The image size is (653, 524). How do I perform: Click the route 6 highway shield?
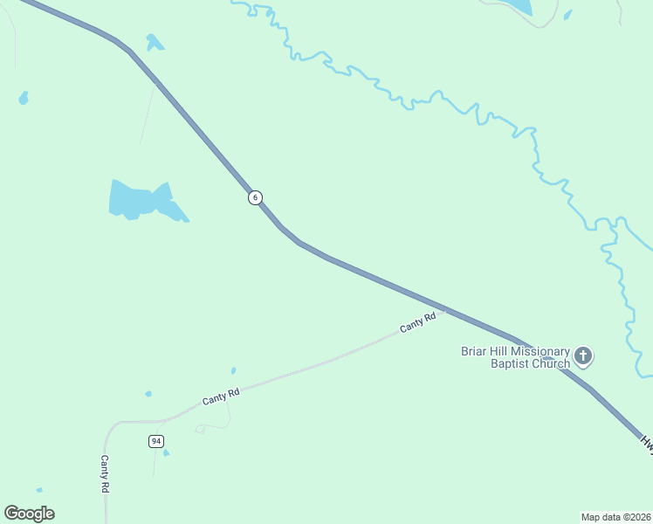[255, 197]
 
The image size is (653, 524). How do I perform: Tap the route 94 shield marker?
[155, 441]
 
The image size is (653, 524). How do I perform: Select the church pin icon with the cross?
[583, 356]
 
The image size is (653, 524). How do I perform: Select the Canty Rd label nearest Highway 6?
[417, 322]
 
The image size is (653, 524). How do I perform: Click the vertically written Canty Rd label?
[104, 474]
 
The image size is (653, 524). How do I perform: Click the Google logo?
[29, 514]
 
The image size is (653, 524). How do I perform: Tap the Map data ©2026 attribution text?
[615, 517]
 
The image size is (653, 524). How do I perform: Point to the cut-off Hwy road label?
[646, 443]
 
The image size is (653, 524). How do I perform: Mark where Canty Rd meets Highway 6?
[444, 309]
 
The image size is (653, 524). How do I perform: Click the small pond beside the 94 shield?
[166, 452]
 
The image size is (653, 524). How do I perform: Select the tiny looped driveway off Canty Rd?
[201, 429]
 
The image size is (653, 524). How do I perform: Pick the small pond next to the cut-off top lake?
[567, 15]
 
